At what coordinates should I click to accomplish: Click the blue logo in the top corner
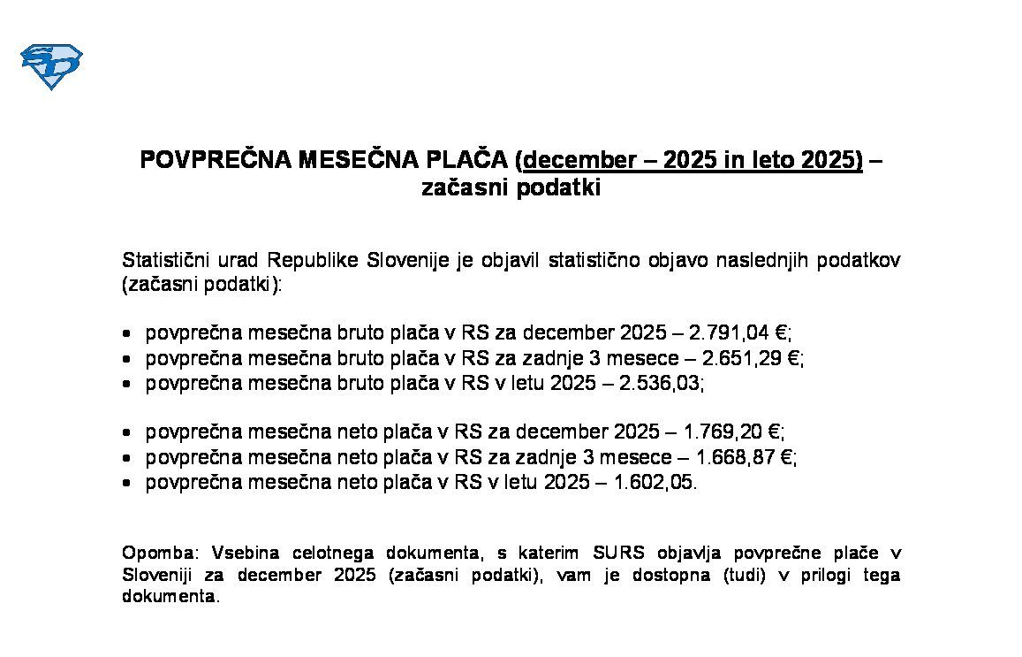(50, 66)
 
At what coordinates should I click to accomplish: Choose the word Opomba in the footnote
(152, 554)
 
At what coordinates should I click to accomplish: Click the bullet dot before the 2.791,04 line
(129, 334)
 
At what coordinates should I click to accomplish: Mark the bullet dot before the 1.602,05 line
(129, 484)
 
